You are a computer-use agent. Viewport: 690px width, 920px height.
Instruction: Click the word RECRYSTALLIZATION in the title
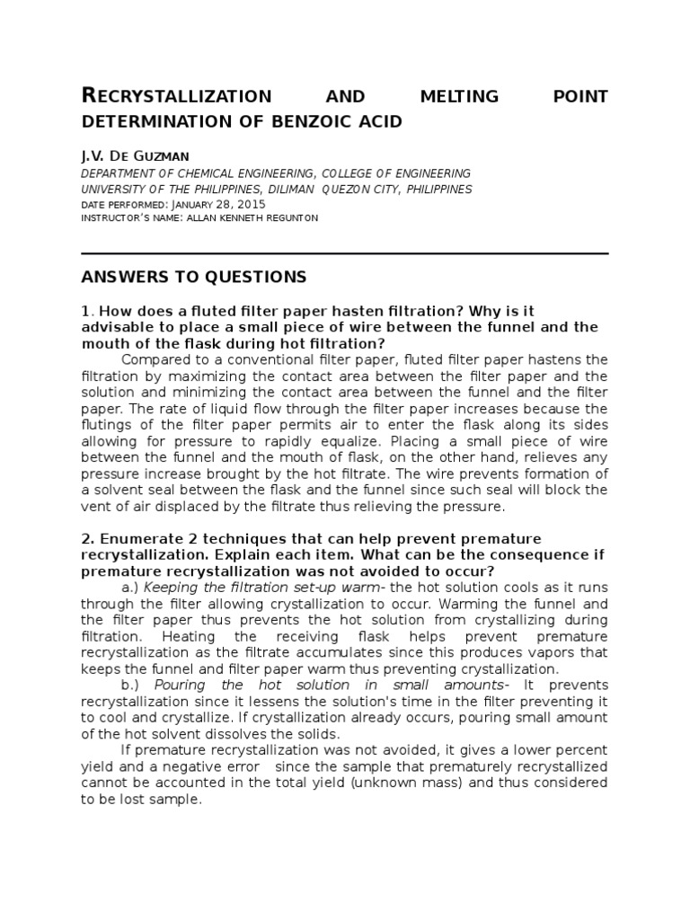click(x=176, y=96)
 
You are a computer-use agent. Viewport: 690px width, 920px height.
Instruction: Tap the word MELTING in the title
click(x=453, y=96)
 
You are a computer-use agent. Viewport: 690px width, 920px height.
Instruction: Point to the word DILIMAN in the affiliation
click(x=289, y=190)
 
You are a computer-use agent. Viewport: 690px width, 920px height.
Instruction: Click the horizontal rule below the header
click(x=344, y=253)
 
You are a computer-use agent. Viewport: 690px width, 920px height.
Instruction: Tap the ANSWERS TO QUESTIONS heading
click(x=194, y=277)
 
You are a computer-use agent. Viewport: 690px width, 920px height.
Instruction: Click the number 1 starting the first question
click(x=84, y=311)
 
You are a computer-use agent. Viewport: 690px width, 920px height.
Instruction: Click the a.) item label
click(x=129, y=587)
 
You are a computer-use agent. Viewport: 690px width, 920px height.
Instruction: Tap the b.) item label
click(x=129, y=685)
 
